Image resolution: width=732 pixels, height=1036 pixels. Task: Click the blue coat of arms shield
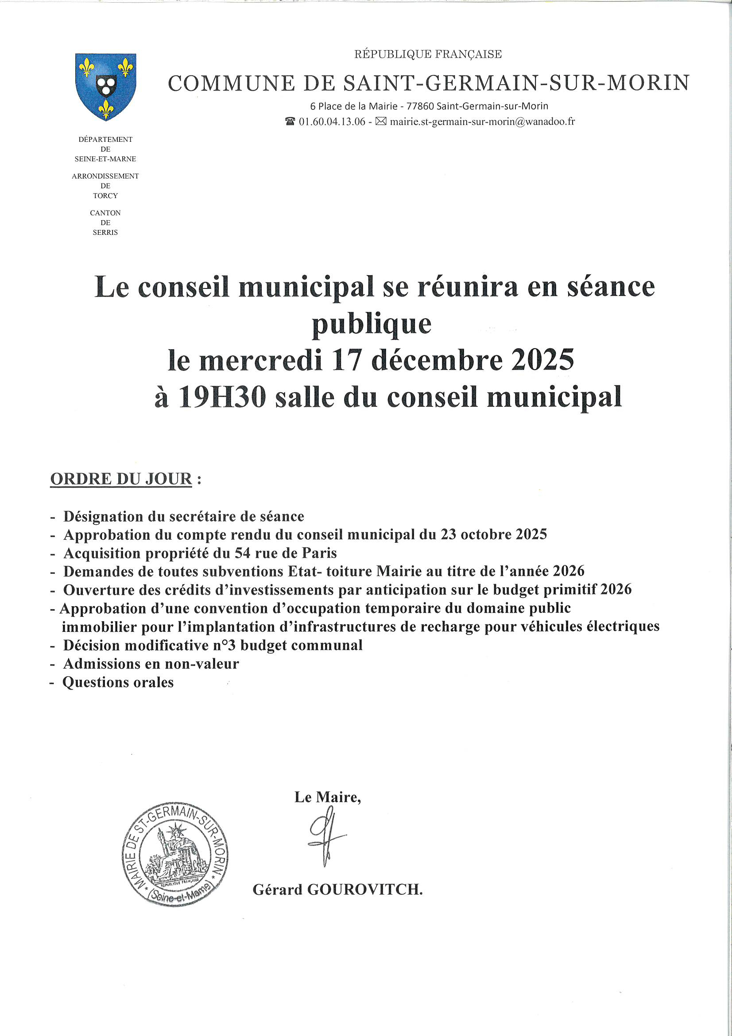pos(105,86)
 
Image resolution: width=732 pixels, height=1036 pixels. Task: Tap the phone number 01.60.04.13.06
pos(332,122)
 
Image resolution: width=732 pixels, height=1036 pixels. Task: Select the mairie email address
pos(482,122)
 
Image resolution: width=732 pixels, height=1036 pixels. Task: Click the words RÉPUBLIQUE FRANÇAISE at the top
pos(428,55)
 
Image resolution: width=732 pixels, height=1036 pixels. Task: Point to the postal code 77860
pos(420,106)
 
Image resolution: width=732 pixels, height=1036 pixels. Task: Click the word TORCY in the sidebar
pos(105,196)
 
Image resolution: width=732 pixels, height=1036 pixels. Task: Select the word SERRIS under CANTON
pos(105,233)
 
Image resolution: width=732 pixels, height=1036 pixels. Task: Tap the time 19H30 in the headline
pos(222,398)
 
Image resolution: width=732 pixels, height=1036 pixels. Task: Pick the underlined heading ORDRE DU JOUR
pos(121,479)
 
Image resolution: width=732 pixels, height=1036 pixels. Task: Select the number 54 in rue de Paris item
pos(243,553)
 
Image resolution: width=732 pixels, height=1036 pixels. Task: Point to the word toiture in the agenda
pos(349,572)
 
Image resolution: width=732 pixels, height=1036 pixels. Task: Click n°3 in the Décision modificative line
pos(225,646)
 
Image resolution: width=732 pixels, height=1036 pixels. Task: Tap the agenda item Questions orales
pos(118,683)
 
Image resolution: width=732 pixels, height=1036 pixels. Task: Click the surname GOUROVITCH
pos(364,890)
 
